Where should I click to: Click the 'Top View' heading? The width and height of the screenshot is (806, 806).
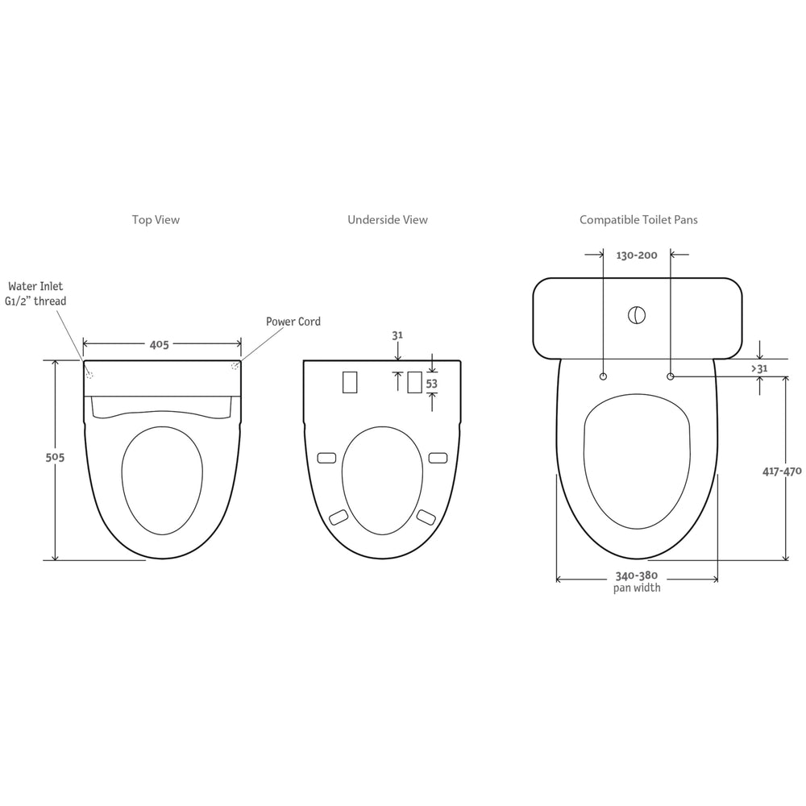point(156,219)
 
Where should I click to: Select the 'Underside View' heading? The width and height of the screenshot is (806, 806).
point(387,219)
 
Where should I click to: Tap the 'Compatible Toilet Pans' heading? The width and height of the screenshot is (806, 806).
point(638,219)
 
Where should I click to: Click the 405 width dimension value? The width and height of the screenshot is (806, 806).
point(159,344)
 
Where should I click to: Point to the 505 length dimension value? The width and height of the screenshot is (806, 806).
point(54,457)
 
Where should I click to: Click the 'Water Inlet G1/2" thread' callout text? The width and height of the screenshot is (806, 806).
point(37,293)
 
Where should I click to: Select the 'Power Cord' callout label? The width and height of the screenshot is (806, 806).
point(293,322)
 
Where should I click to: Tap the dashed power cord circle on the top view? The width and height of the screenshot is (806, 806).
point(235,367)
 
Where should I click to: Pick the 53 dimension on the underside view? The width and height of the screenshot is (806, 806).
point(431,384)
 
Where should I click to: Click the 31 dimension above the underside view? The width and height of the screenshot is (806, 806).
point(397,334)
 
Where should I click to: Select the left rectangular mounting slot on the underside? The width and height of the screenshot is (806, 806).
point(350,381)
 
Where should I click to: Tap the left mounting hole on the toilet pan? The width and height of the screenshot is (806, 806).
point(604,376)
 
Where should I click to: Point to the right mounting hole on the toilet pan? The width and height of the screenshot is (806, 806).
point(671,376)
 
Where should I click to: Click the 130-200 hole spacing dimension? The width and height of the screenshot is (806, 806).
point(637,256)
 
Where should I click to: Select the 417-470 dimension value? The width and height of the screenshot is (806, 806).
point(781,472)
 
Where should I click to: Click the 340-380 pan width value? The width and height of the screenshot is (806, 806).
point(637,575)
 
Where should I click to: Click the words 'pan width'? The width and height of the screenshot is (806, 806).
point(637,588)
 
